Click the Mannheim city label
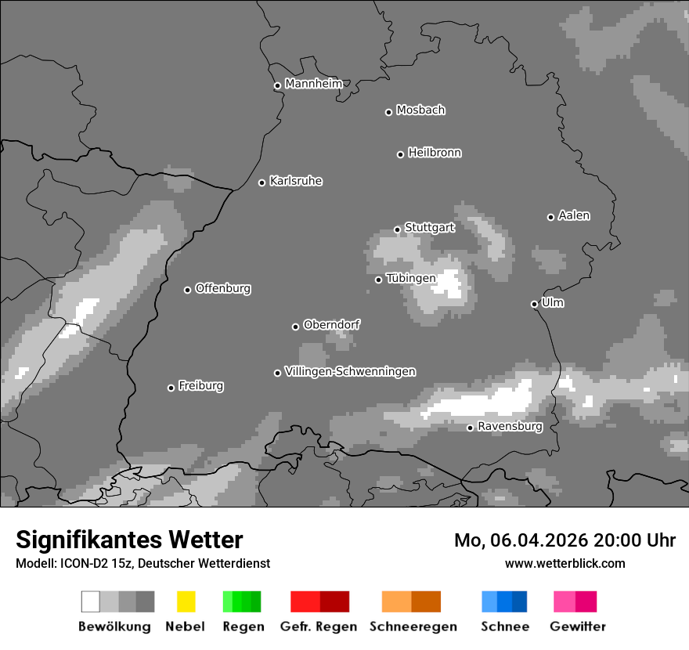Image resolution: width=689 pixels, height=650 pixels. (x=313, y=84)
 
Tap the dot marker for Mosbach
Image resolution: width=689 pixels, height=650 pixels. (x=388, y=112)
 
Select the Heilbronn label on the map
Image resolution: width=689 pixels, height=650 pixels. (x=435, y=153)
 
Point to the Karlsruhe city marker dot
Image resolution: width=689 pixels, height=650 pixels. (x=262, y=182)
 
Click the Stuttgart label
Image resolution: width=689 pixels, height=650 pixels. (x=429, y=228)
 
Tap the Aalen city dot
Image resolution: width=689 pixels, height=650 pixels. (x=550, y=217)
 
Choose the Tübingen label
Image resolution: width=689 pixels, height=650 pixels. (x=411, y=278)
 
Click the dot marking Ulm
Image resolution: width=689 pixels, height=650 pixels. (x=534, y=304)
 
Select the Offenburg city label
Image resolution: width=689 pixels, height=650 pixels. (x=222, y=288)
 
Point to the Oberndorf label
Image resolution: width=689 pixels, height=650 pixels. (x=331, y=324)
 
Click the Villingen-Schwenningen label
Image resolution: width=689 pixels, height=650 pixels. (x=350, y=371)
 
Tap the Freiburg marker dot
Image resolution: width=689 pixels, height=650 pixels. (x=171, y=388)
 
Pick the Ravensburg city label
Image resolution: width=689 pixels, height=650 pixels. (x=510, y=427)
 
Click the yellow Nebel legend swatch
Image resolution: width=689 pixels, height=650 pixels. (x=186, y=601)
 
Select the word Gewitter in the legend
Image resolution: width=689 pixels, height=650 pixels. (x=578, y=627)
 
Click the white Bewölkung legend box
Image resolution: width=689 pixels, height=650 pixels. (x=91, y=601)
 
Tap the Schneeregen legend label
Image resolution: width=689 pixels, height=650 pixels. (x=413, y=627)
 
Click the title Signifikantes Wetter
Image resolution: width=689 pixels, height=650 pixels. (x=129, y=540)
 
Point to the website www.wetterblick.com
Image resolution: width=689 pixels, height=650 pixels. (x=565, y=563)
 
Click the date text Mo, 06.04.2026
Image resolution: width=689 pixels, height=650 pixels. (x=521, y=540)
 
